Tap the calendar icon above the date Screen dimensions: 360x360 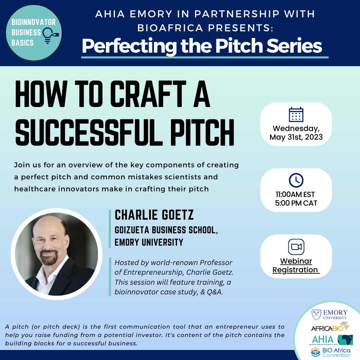click(296, 114)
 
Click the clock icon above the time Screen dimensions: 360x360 click(296, 180)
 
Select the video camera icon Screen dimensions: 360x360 click(296, 247)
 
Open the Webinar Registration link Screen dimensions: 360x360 click(296, 265)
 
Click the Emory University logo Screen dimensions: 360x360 click(329, 315)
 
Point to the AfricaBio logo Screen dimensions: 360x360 click(330, 327)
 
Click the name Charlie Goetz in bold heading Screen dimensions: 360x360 click(154, 215)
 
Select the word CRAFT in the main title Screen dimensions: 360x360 click(148, 94)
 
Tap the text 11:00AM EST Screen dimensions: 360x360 click(295, 194)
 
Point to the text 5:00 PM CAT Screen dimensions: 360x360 click(296, 203)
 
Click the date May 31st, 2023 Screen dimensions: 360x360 click(296, 137)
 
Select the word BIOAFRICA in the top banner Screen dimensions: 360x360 click(170, 28)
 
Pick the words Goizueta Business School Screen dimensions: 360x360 click(166, 230)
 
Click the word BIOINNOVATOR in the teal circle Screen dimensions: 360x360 click(34, 22)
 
